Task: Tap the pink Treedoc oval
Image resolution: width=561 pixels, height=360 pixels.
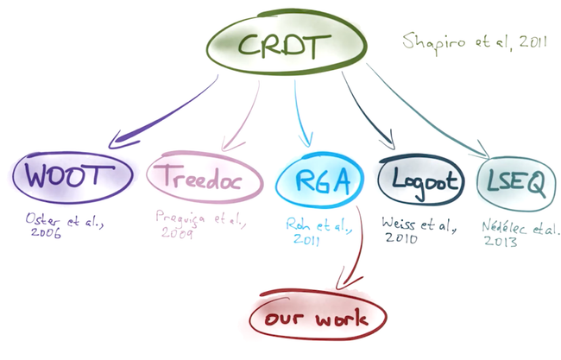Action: click(204, 180)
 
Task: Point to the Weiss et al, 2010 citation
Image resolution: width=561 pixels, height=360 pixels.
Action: click(417, 229)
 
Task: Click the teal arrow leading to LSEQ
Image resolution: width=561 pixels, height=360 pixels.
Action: click(432, 112)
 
